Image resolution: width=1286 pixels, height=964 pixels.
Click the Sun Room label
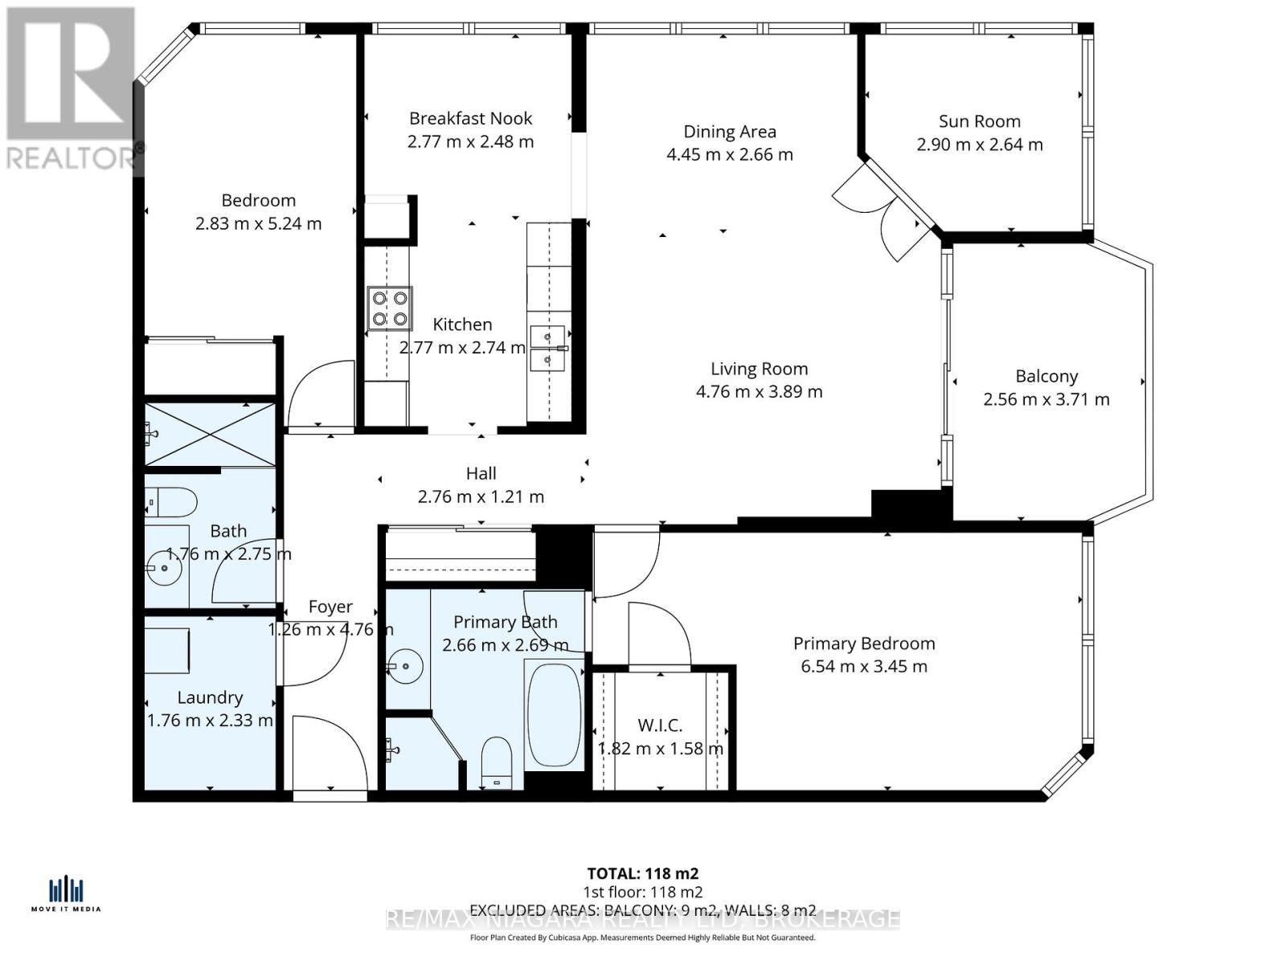979,121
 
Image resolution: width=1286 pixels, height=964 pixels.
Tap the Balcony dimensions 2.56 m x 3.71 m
1046,399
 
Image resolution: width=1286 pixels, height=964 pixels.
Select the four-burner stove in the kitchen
390,308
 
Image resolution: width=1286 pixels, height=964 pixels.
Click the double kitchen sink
547,349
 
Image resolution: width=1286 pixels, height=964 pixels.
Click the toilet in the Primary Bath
496,762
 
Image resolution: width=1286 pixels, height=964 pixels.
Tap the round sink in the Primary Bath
407,666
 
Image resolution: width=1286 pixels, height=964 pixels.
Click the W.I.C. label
660,725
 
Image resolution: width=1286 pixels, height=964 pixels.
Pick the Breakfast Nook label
470,118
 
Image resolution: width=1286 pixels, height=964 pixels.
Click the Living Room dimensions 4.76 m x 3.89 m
759,392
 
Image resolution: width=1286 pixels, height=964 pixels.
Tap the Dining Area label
729,132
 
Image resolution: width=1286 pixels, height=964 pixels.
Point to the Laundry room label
210,697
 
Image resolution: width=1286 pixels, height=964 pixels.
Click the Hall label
481,474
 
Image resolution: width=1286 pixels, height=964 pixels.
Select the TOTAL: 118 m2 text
642,873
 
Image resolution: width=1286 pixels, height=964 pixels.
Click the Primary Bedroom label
863,643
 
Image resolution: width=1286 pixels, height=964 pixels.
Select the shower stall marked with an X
211,435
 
